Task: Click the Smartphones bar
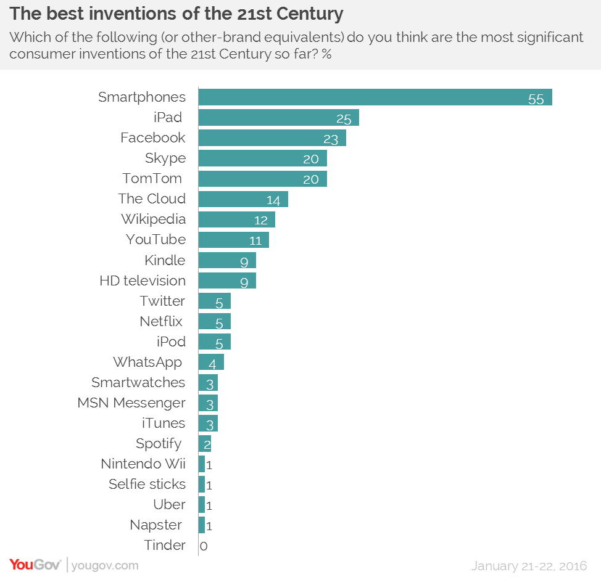pos(375,97)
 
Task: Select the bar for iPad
pos(278,118)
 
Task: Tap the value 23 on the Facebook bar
pos(331,139)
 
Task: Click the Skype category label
pos(165,158)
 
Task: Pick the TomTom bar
pos(262,179)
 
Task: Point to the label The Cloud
pos(152,198)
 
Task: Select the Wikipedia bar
pos(236,219)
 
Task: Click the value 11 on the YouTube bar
pos(255,240)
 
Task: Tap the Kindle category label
pos(165,260)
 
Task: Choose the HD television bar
pos(226,280)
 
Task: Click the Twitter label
pos(162,301)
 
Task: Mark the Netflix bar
pos(214,321)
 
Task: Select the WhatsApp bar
pos(210,362)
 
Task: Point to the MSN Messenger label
pos(131,403)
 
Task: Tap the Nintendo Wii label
pos(143,464)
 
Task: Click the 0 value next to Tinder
pos(204,546)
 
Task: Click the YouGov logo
pos(35,564)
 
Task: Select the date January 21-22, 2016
pos(529,565)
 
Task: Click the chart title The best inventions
pos(176,13)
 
